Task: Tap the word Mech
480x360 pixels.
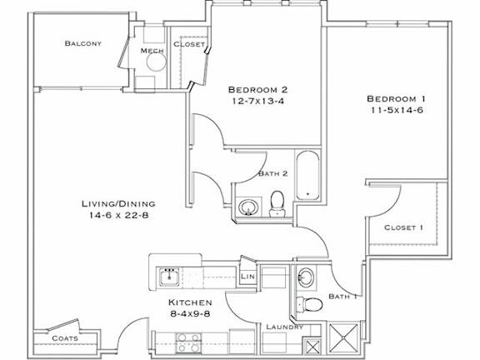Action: pos(151,52)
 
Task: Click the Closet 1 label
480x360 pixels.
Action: pos(403,227)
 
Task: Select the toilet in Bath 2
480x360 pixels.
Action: pos(277,203)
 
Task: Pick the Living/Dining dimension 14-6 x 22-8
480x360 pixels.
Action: pos(117,216)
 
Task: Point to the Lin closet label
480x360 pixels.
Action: pos(247,276)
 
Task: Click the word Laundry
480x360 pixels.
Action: pos(285,327)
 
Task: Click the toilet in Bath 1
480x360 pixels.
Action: pos(311,303)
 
